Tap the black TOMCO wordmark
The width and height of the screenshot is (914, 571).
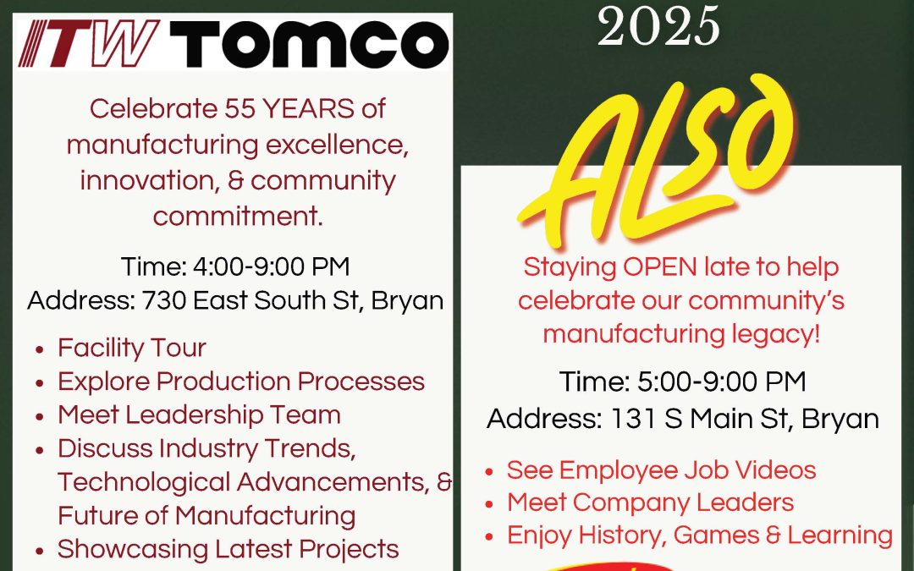click(310, 44)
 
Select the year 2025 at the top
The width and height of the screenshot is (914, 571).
click(658, 26)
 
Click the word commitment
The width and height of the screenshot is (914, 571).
click(238, 217)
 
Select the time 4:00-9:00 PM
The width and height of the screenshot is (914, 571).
click(271, 266)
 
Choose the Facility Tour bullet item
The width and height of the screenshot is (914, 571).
click(132, 348)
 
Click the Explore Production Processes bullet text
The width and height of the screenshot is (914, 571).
click(240, 382)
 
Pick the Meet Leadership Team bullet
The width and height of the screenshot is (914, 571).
click(199, 415)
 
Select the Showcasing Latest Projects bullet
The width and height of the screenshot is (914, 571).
click(228, 549)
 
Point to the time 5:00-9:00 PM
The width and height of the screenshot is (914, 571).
click(722, 382)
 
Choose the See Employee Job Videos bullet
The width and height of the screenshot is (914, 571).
click(661, 470)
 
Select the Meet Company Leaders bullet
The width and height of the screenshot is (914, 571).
click(650, 502)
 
